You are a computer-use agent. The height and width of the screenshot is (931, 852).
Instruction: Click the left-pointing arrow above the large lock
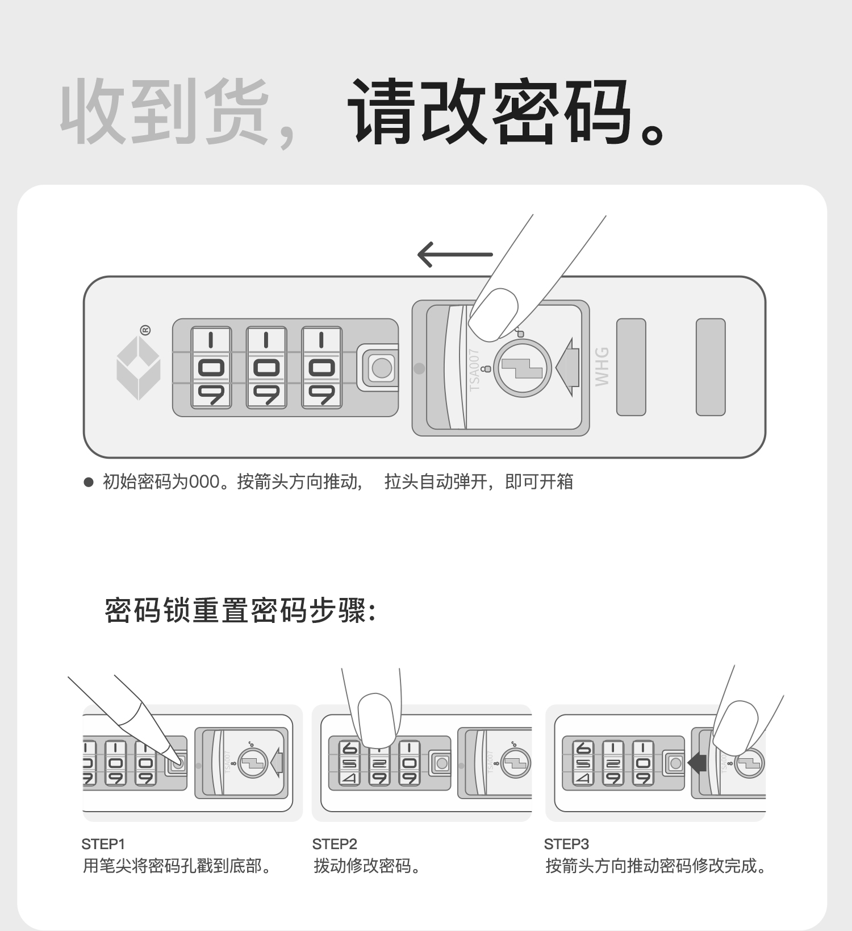coord(455,255)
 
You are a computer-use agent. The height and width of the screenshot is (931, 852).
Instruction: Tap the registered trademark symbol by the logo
coord(145,330)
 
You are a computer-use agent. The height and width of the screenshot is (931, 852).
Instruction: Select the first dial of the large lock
coord(211,367)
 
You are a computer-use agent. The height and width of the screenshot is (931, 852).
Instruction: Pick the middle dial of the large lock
coord(266,367)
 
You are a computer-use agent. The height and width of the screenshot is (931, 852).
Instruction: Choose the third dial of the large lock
coord(321,367)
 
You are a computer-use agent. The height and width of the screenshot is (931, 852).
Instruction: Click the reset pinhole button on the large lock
coord(381,368)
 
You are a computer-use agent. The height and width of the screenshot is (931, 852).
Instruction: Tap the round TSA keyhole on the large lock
coord(523,368)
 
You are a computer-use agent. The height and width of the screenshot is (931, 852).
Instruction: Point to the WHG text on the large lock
coord(602,367)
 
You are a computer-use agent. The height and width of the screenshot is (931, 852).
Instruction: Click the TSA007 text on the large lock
coord(474,370)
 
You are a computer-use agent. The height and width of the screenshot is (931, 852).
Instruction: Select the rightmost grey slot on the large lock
coord(711,367)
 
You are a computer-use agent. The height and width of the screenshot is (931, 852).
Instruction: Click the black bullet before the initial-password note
coord(88,482)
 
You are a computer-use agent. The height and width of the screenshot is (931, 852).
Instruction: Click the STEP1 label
coord(103,843)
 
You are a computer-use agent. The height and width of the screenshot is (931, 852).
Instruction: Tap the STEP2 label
coord(335,843)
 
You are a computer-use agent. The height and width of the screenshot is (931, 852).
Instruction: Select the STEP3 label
coord(566,843)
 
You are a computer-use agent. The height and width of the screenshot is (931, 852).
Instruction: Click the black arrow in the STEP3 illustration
coord(697,763)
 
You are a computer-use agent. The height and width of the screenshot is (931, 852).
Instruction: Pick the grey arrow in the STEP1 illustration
coord(277,763)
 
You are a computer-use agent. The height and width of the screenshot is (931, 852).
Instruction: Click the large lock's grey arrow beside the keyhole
coord(567,367)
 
